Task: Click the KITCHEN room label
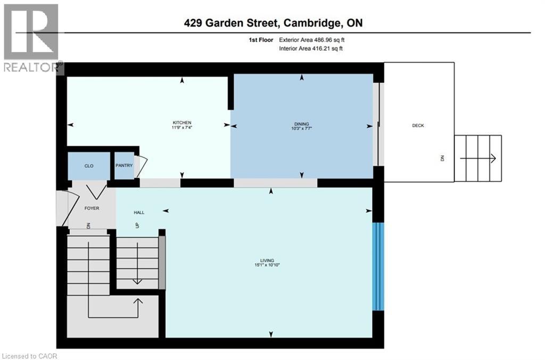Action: click(x=181, y=123)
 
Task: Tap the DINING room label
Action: click(x=302, y=123)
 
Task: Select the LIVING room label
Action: click(x=271, y=260)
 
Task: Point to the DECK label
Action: click(x=418, y=125)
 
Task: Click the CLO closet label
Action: click(x=89, y=166)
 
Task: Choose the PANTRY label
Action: click(x=124, y=165)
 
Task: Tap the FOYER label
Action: click(x=92, y=208)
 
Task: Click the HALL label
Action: click(x=139, y=212)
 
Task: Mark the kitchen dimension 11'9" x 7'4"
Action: click(x=181, y=128)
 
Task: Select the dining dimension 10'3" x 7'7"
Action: click(x=302, y=128)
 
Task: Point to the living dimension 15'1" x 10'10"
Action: click(x=271, y=265)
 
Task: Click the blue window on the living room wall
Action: click(x=378, y=266)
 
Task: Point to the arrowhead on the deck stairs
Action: click(x=493, y=158)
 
